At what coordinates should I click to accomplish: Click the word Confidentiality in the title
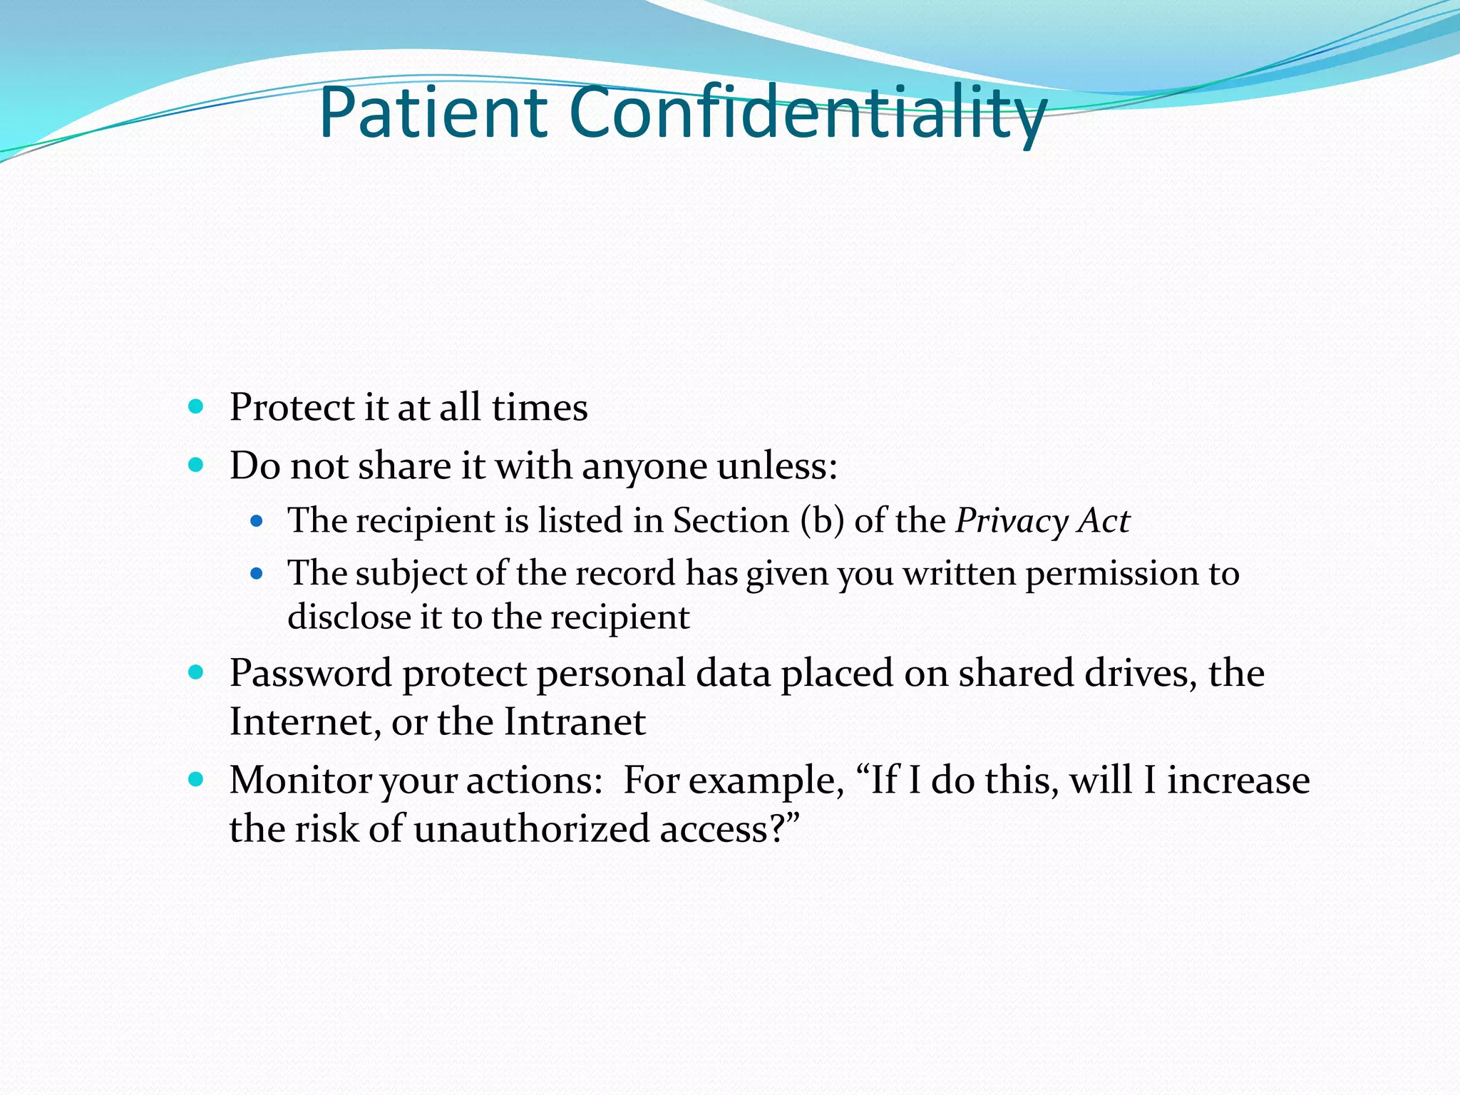pyautogui.click(x=807, y=113)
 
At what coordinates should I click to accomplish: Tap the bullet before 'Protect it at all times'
pyautogui.click(x=196, y=407)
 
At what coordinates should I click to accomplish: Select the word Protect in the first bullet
pyautogui.click(x=291, y=408)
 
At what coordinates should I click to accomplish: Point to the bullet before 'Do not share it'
pyautogui.click(x=196, y=466)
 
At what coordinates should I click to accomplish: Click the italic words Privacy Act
pyautogui.click(x=1042, y=521)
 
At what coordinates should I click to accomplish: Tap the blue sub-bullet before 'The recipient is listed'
pyautogui.click(x=257, y=521)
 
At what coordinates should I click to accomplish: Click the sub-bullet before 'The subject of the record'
pyautogui.click(x=257, y=573)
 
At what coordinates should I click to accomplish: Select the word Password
pyautogui.click(x=309, y=674)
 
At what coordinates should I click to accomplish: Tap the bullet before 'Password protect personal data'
pyautogui.click(x=196, y=672)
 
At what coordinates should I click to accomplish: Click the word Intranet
pyautogui.click(x=575, y=722)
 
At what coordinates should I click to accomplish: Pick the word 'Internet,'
pyautogui.click(x=305, y=722)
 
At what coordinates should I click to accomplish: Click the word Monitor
pyautogui.click(x=300, y=781)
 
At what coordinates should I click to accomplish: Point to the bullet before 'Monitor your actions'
pyautogui.click(x=196, y=779)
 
